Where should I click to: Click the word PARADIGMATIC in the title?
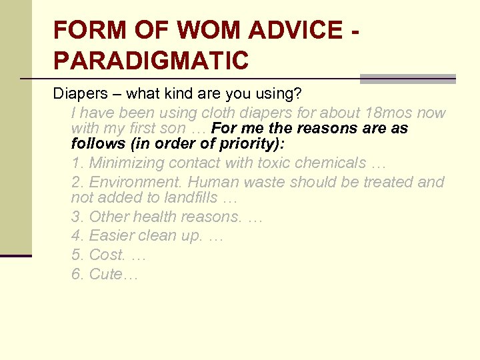(151, 60)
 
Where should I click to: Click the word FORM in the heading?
(88, 30)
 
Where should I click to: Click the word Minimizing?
(127, 163)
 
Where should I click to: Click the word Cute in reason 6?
(103, 275)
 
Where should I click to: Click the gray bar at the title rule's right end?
(407, 79)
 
